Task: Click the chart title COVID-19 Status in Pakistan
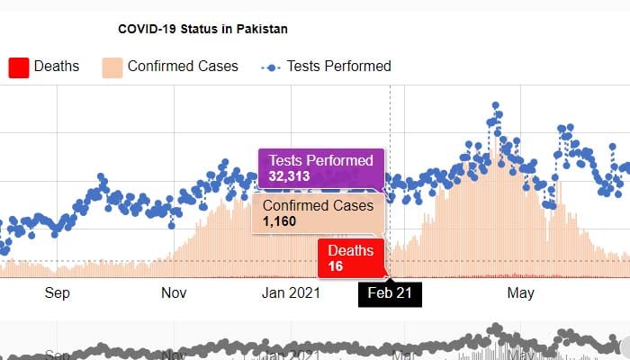coord(202,29)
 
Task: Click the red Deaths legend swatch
coord(18,67)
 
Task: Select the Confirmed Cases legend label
coord(183,66)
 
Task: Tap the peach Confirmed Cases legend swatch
coord(112,67)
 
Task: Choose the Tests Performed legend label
coord(338,66)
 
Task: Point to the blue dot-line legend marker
coord(271,67)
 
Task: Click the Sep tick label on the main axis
coord(57,292)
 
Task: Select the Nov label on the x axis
coord(174,292)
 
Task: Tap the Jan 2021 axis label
coord(291,292)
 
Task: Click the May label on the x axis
coord(521,292)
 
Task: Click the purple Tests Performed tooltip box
coord(321,168)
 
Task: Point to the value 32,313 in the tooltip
coord(290,176)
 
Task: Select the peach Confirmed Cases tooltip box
coord(318,213)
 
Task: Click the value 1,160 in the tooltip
coord(279,221)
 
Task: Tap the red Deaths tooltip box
coord(352,257)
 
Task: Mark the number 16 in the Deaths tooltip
coord(336,265)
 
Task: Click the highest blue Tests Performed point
coord(494,105)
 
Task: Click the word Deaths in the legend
coord(57,66)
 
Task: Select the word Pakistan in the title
coord(262,29)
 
